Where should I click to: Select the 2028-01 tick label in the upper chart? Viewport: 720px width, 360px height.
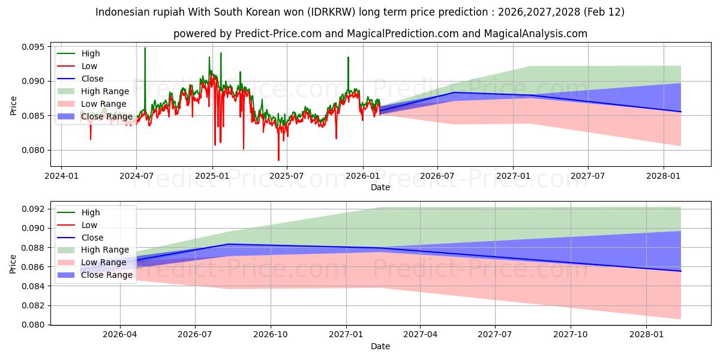pyautogui.click(x=663, y=175)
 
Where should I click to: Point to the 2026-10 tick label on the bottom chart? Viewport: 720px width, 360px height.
pyautogui.click(x=271, y=334)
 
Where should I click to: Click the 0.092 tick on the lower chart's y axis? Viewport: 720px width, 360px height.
pyautogui.click(x=32, y=209)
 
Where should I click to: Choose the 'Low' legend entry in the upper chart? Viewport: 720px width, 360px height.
pyautogui.click(x=89, y=66)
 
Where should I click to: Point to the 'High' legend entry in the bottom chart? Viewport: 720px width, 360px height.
pyautogui.click(x=91, y=212)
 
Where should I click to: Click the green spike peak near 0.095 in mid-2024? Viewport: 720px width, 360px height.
pyautogui.click(x=145, y=48)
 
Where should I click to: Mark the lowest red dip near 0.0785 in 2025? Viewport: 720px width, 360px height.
pyautogui.click(x=278, y=160)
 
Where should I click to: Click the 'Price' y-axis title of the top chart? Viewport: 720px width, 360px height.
pyautogui.click(x=13, y=105)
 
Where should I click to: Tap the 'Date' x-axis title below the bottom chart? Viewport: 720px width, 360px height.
pyautogui.click(x=380, y=346)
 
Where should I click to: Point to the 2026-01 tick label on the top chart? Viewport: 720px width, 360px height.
pyautogui.click(x=362, y=175)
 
